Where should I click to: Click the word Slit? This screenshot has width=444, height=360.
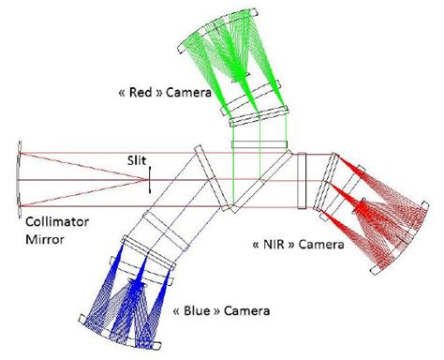tap(138, 159)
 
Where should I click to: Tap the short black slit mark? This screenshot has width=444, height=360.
tap(149, 180)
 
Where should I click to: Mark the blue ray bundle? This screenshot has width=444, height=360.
tap(131, 291)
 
